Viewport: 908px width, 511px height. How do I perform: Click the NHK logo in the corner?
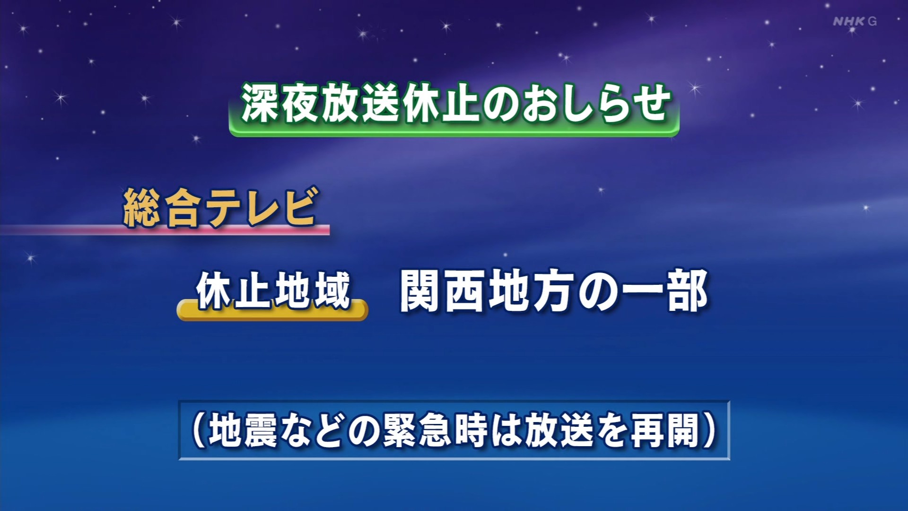click(849, 21)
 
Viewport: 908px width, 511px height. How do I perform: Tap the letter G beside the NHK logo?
click(872, 21)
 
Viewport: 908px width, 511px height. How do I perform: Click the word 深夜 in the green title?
click(282, 103)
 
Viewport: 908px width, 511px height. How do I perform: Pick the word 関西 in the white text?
click(444, 291)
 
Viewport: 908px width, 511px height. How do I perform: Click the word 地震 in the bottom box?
click(243, 431)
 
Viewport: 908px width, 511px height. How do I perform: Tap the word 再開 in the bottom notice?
click(665, 431)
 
